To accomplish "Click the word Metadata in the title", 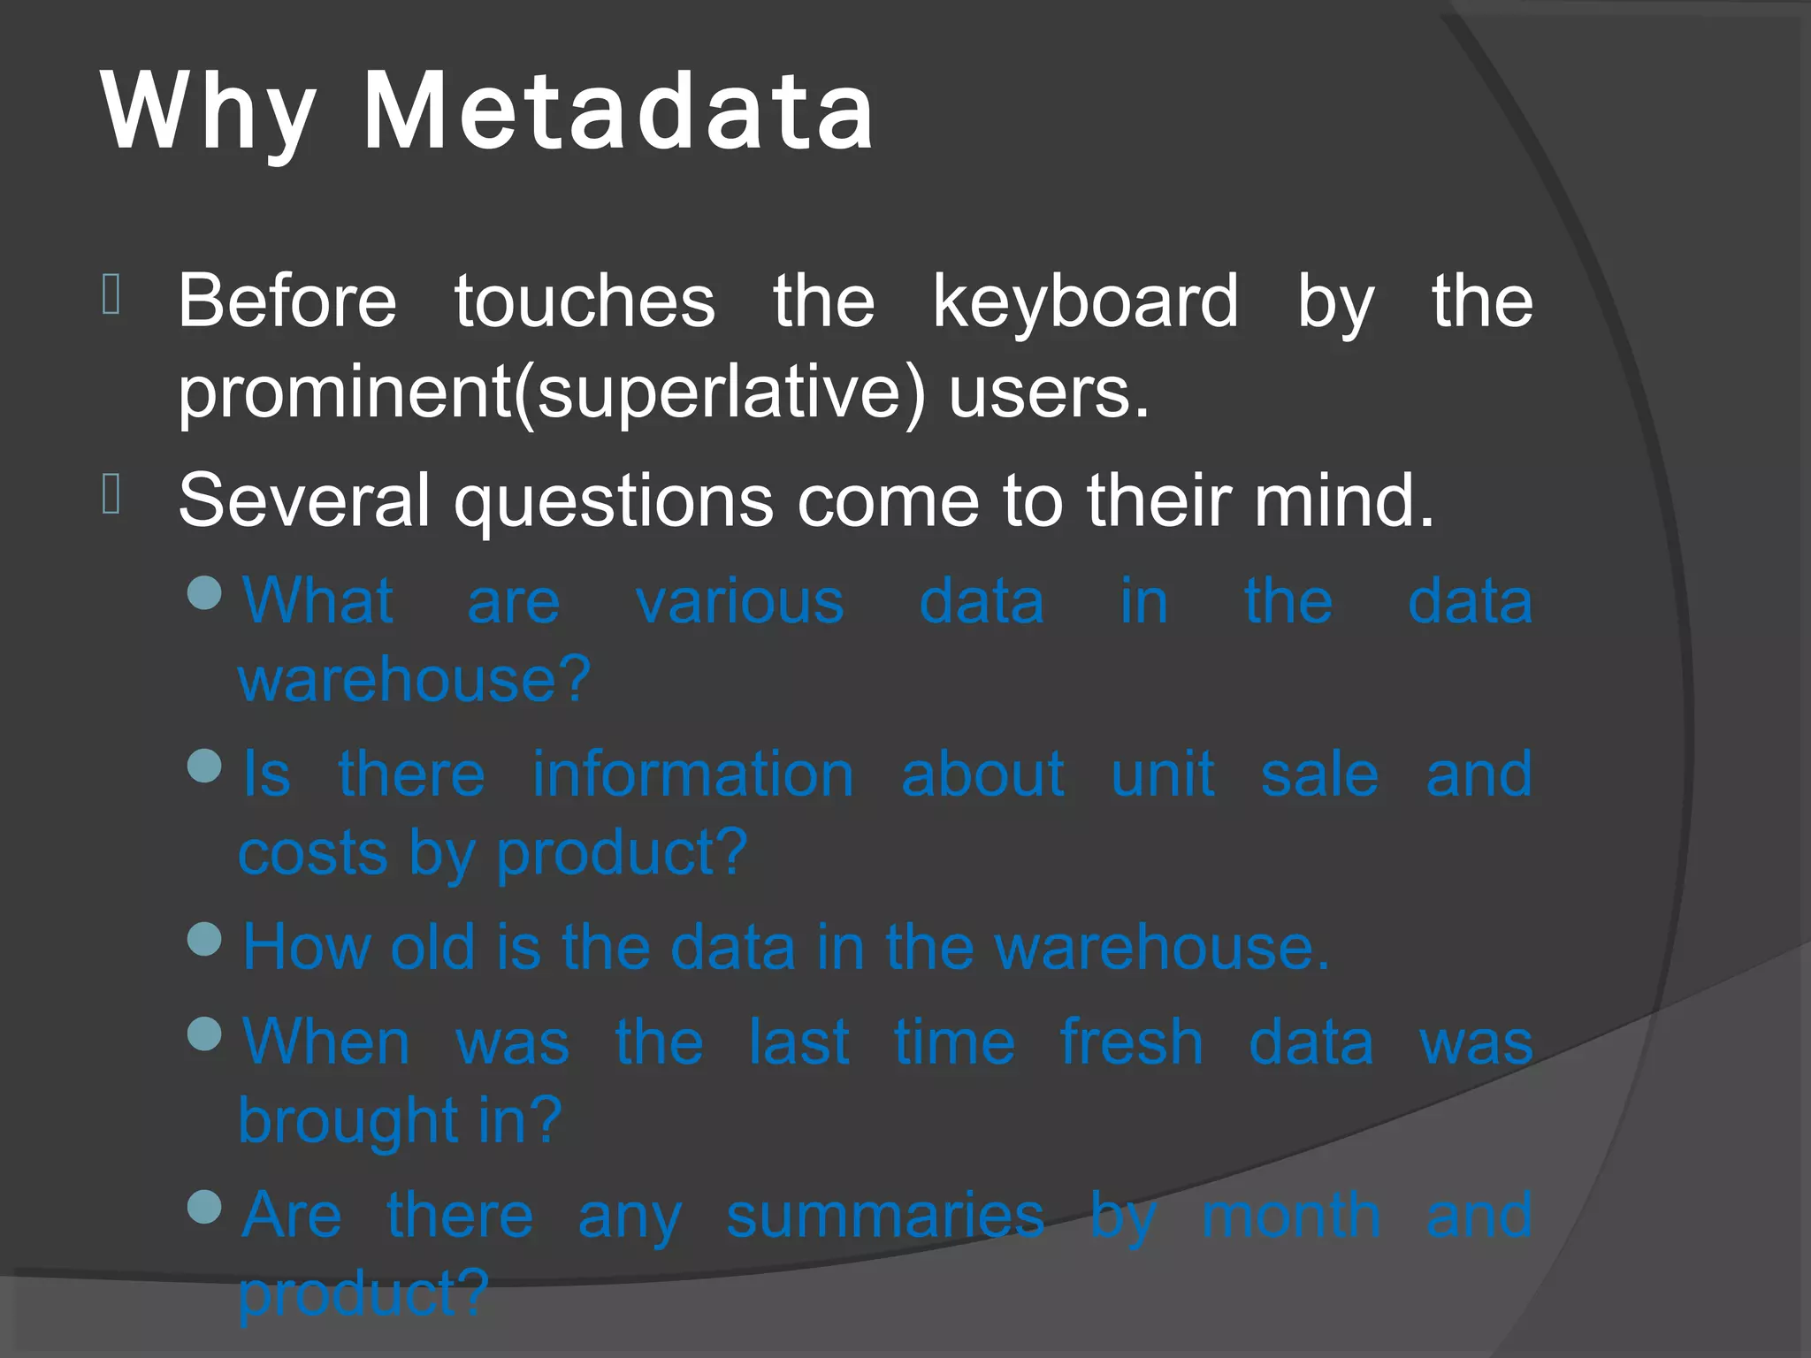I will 618,112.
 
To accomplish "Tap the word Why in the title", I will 209,112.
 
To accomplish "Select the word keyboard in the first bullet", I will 1086,301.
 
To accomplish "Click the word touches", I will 585,301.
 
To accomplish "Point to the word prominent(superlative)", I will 552,392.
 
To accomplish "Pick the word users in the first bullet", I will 1048,392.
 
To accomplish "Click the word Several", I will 304,500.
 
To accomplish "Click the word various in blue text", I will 740,602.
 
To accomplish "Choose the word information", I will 692,774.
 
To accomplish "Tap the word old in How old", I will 432,947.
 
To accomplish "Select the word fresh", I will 1132,1042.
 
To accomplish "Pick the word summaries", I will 885,1216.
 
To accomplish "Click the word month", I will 1291,1216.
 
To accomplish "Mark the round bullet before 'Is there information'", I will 205,766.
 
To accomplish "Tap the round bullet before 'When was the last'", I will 205,1034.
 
